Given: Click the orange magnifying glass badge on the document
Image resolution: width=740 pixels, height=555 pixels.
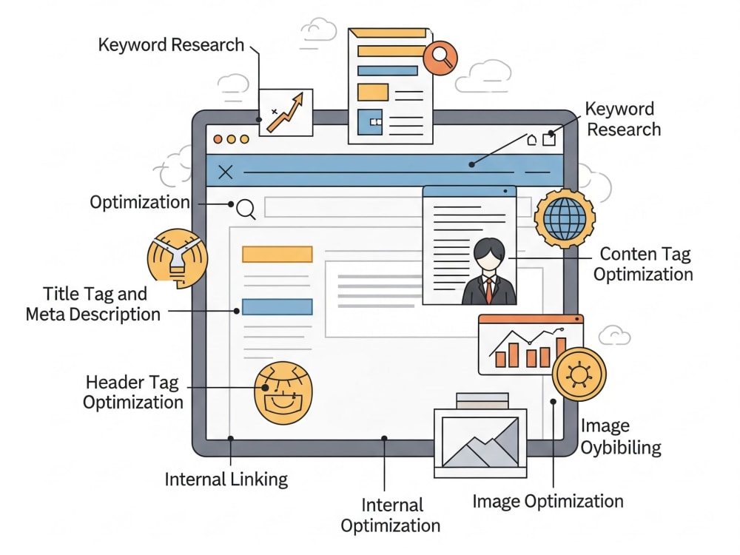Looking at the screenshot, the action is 440,58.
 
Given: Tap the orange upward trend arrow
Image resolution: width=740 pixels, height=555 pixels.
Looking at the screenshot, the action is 286,112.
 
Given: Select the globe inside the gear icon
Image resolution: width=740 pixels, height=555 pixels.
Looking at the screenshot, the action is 565,218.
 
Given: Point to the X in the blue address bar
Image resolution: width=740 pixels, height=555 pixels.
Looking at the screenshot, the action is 226,172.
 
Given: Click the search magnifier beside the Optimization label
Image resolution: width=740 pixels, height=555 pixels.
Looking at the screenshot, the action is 246,209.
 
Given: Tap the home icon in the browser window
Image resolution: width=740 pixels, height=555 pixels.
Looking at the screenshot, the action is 532,139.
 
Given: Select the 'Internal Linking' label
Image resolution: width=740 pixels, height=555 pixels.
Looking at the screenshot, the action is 226,480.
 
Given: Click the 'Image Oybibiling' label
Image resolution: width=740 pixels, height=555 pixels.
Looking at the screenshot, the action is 621,437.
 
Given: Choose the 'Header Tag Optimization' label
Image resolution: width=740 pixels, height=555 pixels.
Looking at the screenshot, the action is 133,392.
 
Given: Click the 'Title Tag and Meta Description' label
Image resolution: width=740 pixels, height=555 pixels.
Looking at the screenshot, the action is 93,304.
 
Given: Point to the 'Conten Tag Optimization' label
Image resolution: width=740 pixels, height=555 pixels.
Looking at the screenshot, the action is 643,264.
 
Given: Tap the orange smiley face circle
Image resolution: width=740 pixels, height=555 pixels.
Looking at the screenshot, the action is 283,393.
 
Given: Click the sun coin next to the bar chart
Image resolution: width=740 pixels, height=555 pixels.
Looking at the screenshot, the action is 579,374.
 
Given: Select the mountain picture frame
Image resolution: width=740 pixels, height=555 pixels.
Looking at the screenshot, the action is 480,443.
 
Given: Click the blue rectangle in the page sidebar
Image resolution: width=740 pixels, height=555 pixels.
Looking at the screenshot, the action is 277,307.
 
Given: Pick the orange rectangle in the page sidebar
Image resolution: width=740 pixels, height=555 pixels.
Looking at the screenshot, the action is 277,254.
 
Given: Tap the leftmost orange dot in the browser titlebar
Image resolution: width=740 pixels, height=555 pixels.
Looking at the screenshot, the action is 218,139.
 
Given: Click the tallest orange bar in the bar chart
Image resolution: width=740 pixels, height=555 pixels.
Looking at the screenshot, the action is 561,352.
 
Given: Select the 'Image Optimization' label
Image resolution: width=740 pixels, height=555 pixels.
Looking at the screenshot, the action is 548,501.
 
